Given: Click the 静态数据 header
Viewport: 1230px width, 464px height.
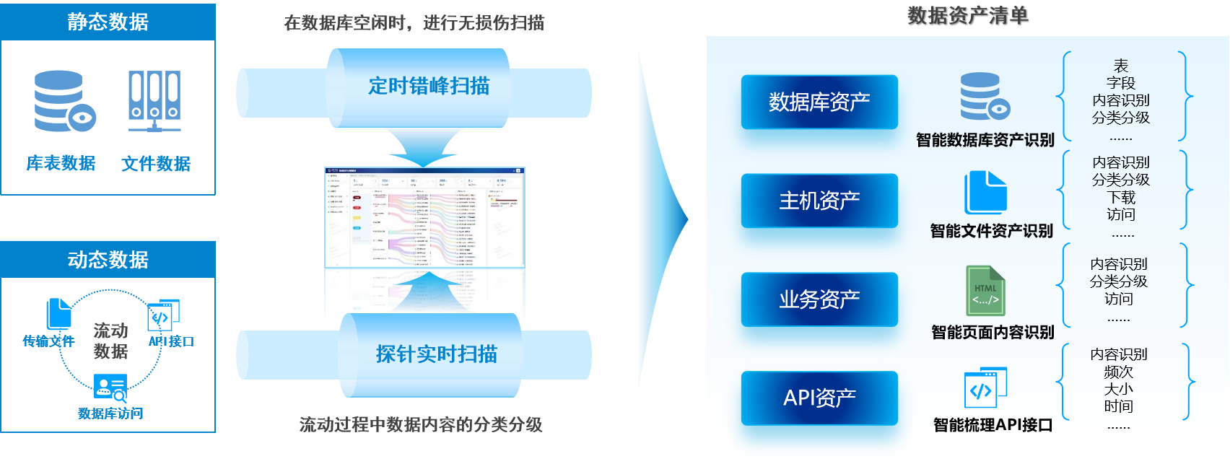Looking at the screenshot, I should tap(108, 22).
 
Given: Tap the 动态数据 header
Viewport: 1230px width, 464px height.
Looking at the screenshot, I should tap(108, 259).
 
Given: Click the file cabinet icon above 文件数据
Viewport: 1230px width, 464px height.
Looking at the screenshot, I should tap(154, 101).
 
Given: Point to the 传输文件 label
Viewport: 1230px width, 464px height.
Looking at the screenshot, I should tap(48, 341).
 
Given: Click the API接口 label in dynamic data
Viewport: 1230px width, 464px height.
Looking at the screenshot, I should tap(171, 341).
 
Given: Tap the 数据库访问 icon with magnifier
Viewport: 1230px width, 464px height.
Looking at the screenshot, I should tap(110, 388).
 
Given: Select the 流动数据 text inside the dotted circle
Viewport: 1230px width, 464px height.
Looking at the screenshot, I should tap(110, 341).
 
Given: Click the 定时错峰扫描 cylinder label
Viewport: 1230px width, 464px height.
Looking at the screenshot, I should tap(429, 87).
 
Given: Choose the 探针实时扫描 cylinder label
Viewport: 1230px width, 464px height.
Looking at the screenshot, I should tap(436, 354).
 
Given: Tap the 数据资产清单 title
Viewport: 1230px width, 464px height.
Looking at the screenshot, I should tap(967, 16).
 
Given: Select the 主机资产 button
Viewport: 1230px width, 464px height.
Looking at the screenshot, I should tap(819, 201).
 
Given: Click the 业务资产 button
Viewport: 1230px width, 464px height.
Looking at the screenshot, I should tap(819, 299).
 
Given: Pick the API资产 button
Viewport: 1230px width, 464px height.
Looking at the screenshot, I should tap(819, 398).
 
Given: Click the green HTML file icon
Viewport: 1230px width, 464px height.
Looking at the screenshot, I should tap(985, 291).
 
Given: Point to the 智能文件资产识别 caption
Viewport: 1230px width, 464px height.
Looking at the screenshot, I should tap(991, 231).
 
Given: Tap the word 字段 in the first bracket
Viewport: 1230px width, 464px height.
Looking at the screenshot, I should tap(1120, 83).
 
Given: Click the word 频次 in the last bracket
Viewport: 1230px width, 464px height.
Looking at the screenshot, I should tap(1118, 372).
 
